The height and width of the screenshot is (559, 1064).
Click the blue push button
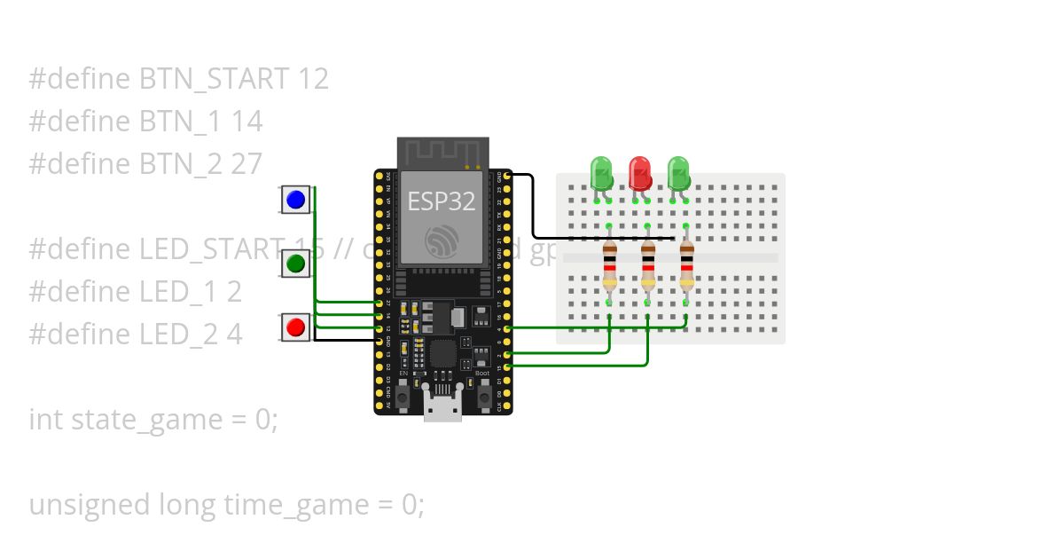click(296, 200)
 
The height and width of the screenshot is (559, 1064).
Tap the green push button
click(296, 264)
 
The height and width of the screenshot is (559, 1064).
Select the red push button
click(296, 327)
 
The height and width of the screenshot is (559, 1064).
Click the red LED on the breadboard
click(639, 172)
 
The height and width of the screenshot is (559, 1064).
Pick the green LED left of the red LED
click(601, 172)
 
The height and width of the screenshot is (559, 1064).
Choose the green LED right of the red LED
click(678, 172)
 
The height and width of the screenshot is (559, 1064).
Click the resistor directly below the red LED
click(648, 265)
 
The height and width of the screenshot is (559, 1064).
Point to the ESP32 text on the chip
click(441, 201)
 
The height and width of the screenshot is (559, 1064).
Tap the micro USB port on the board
click(442, 410)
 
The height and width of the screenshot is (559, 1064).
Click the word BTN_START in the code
click(214, 79)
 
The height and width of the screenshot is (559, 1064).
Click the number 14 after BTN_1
click(246, 122)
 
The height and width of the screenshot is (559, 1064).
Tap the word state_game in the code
click(153, 420)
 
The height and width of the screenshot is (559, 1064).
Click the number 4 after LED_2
click(233, 335)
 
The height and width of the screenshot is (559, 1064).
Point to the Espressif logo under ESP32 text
click(441, 241)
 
